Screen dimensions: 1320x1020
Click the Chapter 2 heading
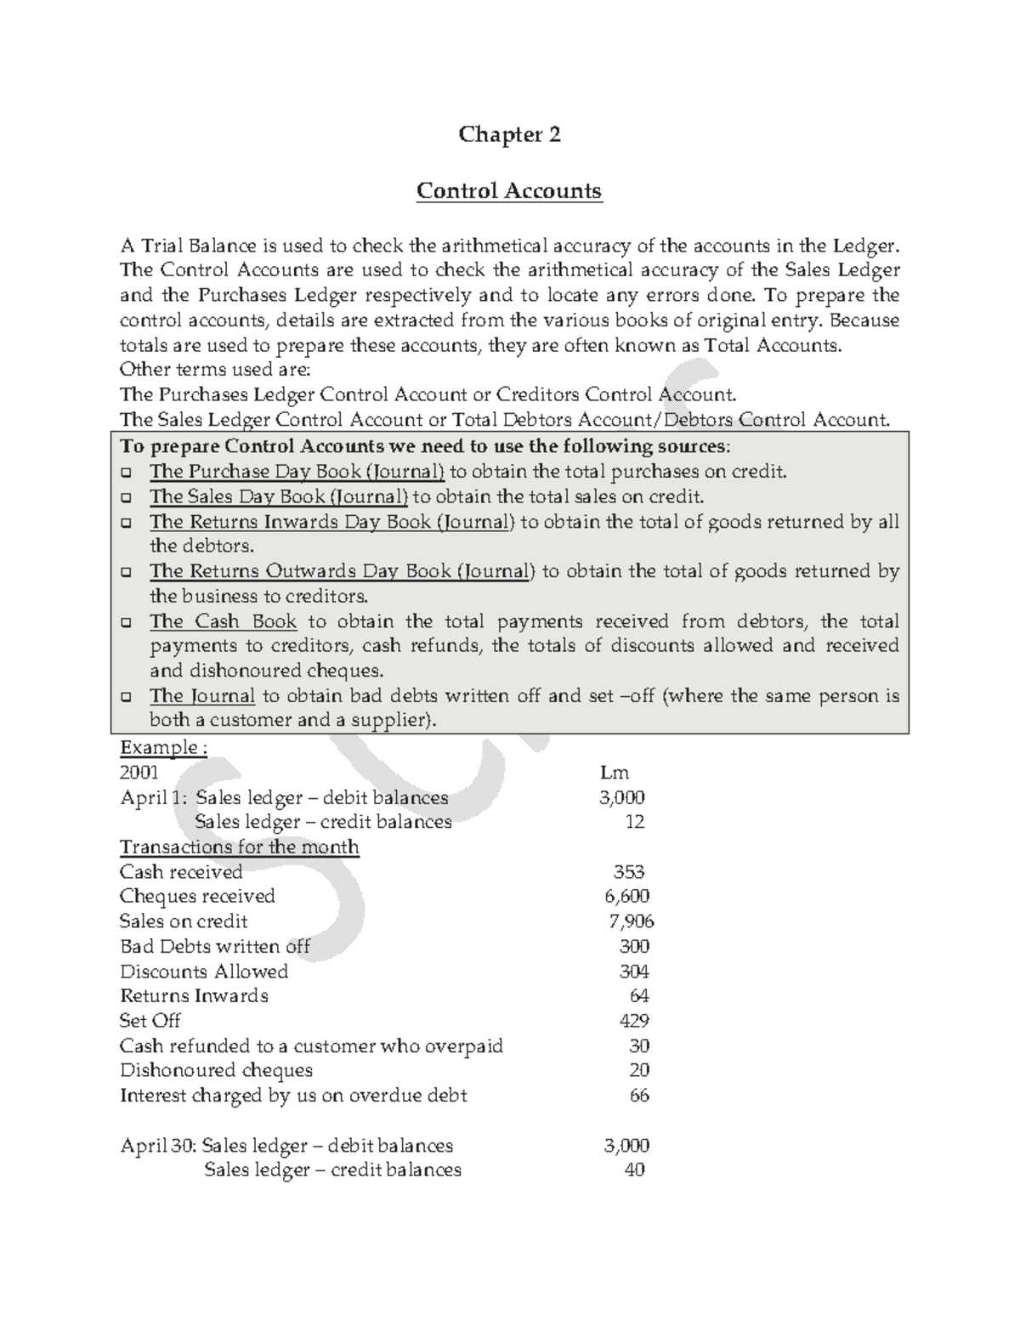pyautogui.click(x=509, y=134)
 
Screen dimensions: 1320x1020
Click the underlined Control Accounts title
pyautogui.click(x=509, y=190)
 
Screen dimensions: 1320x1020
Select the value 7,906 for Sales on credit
pyautogui.click(x=632, y=921)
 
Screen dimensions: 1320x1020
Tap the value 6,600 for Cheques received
pyautogui.click(x=626, y=896)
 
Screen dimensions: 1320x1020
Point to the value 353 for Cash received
pyautogui.click(x=629, y=871)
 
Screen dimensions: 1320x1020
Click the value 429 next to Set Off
pyautogui.click(x=634, y=1020)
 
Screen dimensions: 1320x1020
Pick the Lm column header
pyautogui.click(x=614, y=772)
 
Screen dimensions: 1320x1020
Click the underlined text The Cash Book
pyautogui.click(x=224, y=621)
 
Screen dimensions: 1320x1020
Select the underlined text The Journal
pyautogui.click(x=202, y=696)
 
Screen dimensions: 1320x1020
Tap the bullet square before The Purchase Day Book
pyautogui.click(x=127, y=472)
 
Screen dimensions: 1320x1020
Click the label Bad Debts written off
pyautogui.click(x=214, y=946)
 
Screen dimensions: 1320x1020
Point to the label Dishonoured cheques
pyautogui.click(x=216, y=1070)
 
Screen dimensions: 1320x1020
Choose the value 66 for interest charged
pyautogui.click(x=639, y=1095)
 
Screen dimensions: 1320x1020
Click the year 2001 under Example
pyautogui.click(x=139, y=772)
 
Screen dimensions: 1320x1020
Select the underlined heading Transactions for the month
pyautogui.click(x=239, y=847)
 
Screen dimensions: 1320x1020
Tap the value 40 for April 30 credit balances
pyautogui.click(x=634, y=1170)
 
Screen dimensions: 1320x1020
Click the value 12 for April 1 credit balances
pyautogui.click(x=634, y=822)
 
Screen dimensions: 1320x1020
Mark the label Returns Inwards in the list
pyautogui.click(x=194, y=995)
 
